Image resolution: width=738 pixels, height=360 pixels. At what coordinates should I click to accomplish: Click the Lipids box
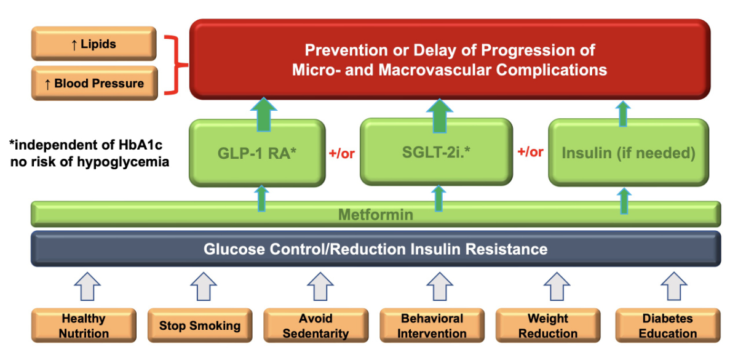pos(93,44)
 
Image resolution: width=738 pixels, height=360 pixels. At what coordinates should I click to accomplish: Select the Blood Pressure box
pos(93,83)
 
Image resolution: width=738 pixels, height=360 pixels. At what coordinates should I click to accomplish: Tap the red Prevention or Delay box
pos(449,60)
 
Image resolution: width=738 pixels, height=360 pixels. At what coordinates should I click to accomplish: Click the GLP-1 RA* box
pos(256,153)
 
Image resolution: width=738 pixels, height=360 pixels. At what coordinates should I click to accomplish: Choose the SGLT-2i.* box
pos(435,152)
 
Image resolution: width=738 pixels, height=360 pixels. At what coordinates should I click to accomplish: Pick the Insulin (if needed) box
pos(628,153)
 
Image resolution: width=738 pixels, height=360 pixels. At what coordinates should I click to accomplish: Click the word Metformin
pos(376,215)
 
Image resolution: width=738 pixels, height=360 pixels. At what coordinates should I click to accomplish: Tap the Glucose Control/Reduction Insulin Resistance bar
pos(375,249)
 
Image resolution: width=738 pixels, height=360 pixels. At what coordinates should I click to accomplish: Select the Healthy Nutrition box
pos(84,326)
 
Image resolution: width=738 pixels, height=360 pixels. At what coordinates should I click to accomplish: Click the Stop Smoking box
pos(200,326)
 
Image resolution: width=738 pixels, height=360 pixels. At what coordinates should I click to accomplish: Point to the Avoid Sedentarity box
pos(315,326)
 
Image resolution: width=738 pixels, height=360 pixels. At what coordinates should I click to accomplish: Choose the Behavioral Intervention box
pos(432,326)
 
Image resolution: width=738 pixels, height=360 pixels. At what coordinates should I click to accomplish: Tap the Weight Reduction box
pos(547,326)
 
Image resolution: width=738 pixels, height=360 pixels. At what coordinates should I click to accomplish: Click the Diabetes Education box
pos(667,326)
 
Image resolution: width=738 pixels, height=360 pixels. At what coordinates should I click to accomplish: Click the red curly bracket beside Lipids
pos(177,64)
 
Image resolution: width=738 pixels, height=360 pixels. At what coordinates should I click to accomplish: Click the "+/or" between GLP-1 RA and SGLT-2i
pos(343,153)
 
